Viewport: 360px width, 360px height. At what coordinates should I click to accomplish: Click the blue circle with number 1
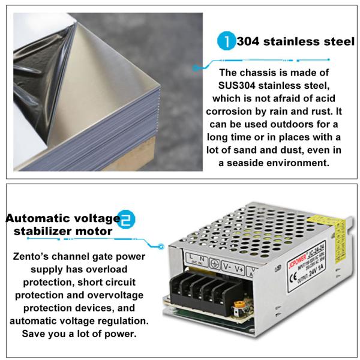click(226, 43)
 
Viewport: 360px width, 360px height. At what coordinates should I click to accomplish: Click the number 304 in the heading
click(250, 43)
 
